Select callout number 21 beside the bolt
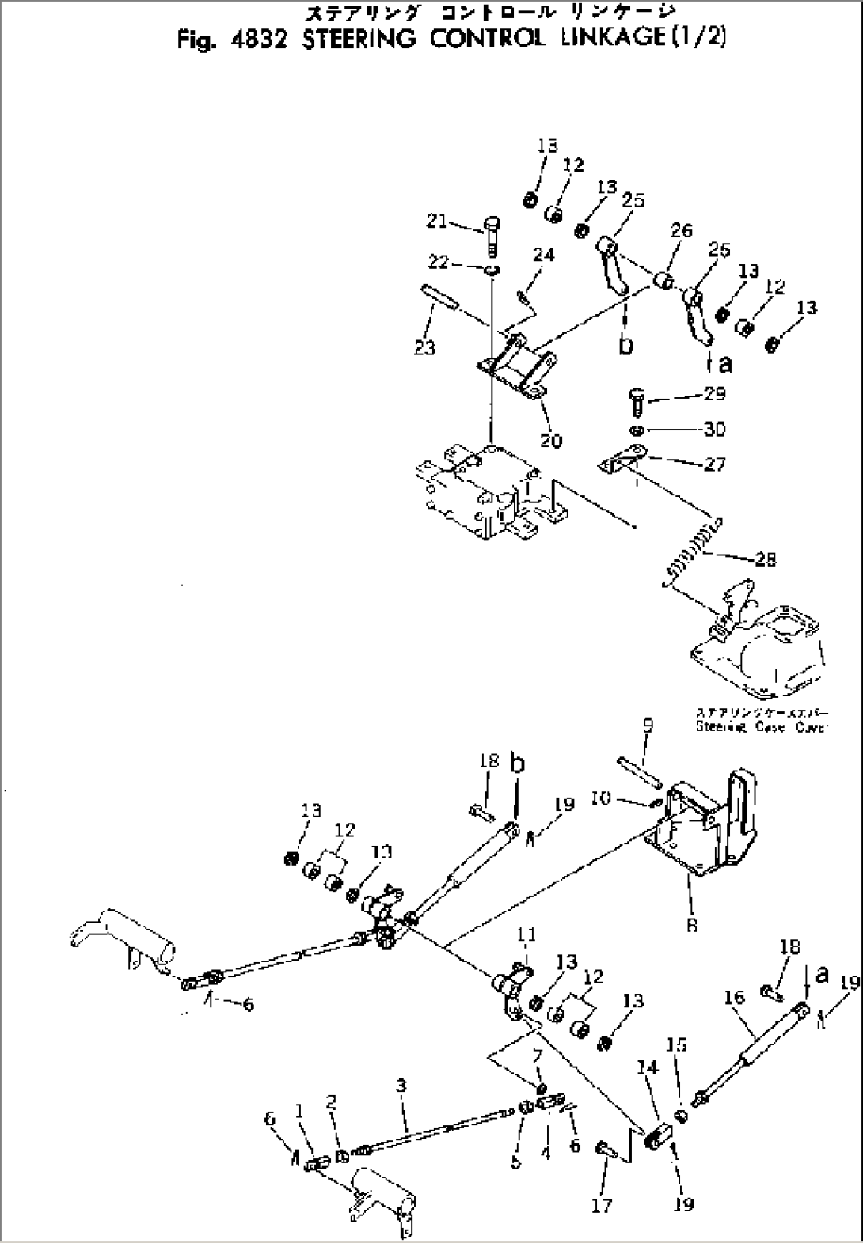pyautogui.click(x=436, y=222)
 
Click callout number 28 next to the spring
pyautogui.click(x=765, y=559)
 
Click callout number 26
pyautogui.click(x=681, y=230)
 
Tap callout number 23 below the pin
pyautogui.click(x=425, y=347)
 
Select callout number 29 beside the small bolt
pyautogui.click(x=714, y=393)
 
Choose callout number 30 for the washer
pyautogui.click(x=715, y=429)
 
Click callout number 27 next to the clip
pyautogui.click(x=715, y=464)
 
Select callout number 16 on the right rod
pyautogui.click(x=736, y=998)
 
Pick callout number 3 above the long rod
pyautogui.click(x=401, y=1086)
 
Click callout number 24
pyautogui.click(x=544, y=255)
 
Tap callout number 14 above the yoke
pyautogui.click(x=648, y=1068)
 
